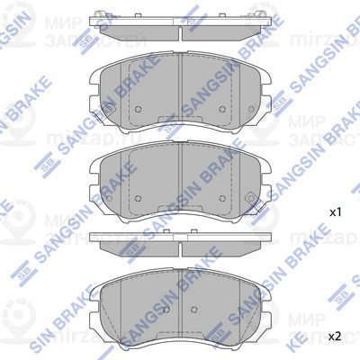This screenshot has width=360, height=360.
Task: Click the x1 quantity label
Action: (x=334, y=213)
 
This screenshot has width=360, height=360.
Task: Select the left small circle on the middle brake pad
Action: (x=140, y=197)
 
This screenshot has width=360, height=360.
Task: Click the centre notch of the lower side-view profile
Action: (x=179, y=242)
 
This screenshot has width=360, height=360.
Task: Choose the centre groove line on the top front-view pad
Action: (x=179, y=90)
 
